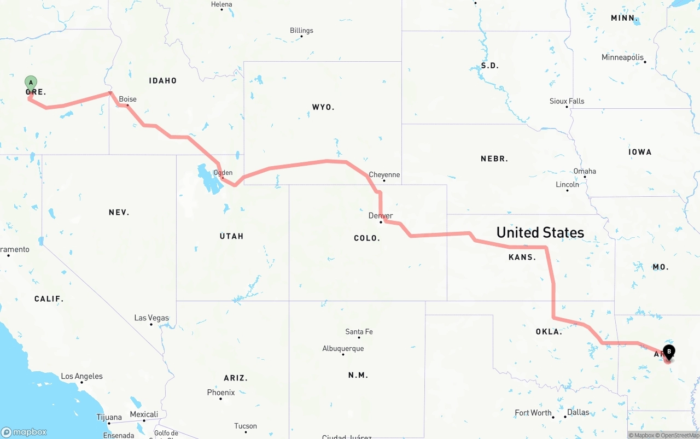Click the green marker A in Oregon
coord(31,83)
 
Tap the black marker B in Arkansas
coord(668,352)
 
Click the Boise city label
coord(128,99)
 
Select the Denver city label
coord(381,215)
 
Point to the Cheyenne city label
coord(384,175)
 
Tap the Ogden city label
coord(223,173)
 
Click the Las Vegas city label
coord(151,318)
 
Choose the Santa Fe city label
coord(359,332)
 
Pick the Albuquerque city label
coord(343,348)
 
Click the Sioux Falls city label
coord(567,101)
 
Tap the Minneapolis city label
coord(622,57)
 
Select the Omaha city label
coord(585,171)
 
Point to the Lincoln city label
coord(567,184)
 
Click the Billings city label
coord(301,31)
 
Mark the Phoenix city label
coord(221,393)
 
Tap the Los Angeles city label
coord(81,376)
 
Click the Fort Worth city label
coord(533,413)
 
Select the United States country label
coord(540,232)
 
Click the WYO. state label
coord(323,107)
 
